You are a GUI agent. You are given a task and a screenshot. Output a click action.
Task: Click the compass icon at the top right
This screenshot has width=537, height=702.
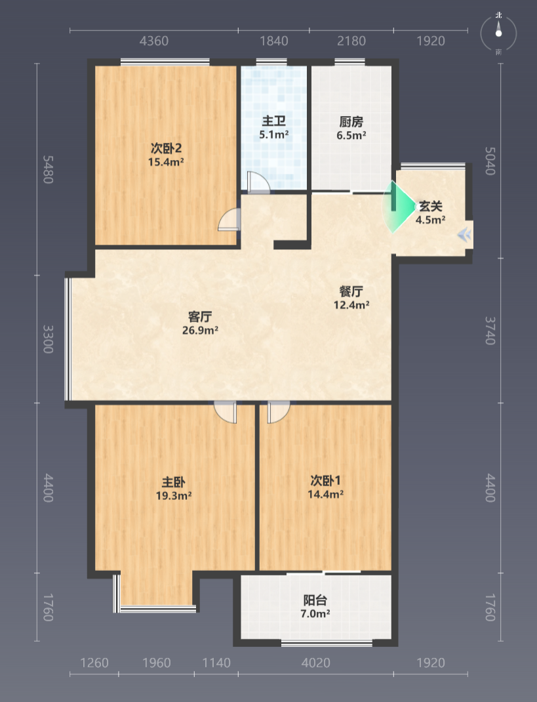tap(498, 33)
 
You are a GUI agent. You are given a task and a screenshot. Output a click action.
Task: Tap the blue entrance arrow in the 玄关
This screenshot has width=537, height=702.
tap(465, 234)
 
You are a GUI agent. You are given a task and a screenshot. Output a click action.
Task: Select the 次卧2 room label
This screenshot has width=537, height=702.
tap(166, 148)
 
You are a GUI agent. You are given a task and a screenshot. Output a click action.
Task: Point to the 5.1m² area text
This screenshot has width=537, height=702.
tap(274, 134)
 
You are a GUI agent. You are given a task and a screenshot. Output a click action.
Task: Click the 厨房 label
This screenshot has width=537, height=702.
tap(351, 122)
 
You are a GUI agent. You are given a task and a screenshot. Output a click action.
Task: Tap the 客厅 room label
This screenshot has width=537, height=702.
tap(200, 317)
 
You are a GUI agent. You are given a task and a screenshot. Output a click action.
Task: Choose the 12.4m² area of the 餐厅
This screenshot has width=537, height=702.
tap(351, 305)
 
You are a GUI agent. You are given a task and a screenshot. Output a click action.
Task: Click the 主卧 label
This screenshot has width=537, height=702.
tap(173, 482)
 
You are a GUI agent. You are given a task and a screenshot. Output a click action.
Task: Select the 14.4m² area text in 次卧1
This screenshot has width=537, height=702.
tap(325, 494)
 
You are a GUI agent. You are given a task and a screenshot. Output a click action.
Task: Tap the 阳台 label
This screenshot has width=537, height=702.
tap(315, 600)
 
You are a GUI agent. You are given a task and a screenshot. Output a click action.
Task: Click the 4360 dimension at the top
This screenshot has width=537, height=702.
tap(154, 41)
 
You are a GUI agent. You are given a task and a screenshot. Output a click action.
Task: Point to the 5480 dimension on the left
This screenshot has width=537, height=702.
tap(48, 170)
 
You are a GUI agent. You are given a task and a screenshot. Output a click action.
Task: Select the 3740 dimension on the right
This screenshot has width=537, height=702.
tap(490, 331)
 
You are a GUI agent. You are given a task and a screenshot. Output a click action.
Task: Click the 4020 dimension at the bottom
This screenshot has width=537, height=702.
tap(316, 663)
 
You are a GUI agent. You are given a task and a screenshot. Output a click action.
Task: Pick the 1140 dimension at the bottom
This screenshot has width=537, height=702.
tap(216, 663)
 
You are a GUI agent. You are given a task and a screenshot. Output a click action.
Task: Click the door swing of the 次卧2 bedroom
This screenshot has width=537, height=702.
tap(229, 219)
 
